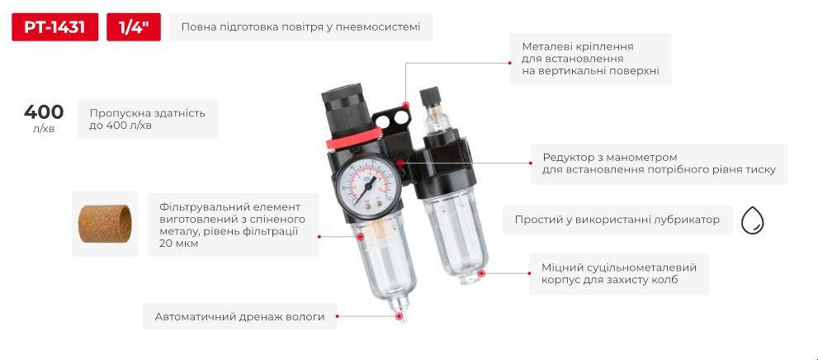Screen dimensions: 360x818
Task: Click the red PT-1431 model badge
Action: click(54, 27)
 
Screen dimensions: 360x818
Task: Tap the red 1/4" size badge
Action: click(133, 27)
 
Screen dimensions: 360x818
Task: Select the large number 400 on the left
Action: click(44, 112)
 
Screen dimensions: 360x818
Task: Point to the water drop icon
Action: click(752, 220)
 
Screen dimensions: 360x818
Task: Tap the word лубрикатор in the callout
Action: click(683, 220)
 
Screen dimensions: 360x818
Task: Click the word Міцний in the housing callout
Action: click(561, 268)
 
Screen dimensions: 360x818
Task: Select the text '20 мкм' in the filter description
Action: click(179, 244)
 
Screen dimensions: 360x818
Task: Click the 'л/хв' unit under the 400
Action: click(44, 129)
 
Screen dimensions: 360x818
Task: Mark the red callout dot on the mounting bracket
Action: click(405, 104)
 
